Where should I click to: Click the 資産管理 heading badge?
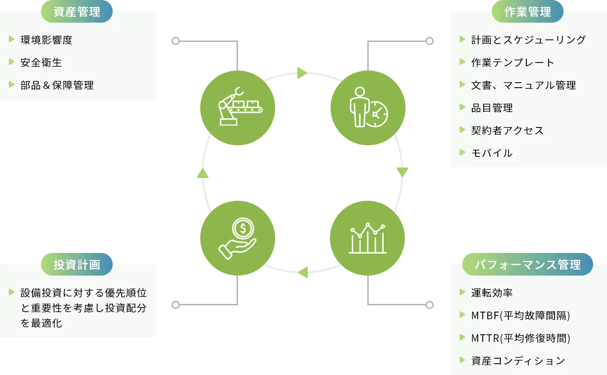[77, 12]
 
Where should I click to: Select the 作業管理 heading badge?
[527, 12]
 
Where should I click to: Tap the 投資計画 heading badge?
[77, 265]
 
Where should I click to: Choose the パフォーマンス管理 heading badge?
[528, 265]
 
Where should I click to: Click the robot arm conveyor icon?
[238, 108]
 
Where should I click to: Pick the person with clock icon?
[368, 108]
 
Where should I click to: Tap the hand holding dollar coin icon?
[238, 238]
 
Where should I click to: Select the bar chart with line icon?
[368, 238]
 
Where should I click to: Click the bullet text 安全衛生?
[41, 62]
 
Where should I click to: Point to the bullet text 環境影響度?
[47, 40]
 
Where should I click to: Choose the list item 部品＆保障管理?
[57, 85]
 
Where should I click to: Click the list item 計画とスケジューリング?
[529, 40]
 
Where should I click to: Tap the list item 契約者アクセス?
[507, 130]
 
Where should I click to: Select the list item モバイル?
[492, 153]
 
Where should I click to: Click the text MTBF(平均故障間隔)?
[521, 315]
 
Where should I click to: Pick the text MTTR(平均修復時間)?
[521, 338]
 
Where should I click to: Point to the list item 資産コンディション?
[518, 361]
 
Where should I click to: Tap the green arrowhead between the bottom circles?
[303, 272]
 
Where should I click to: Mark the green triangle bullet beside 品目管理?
[463, 107]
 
